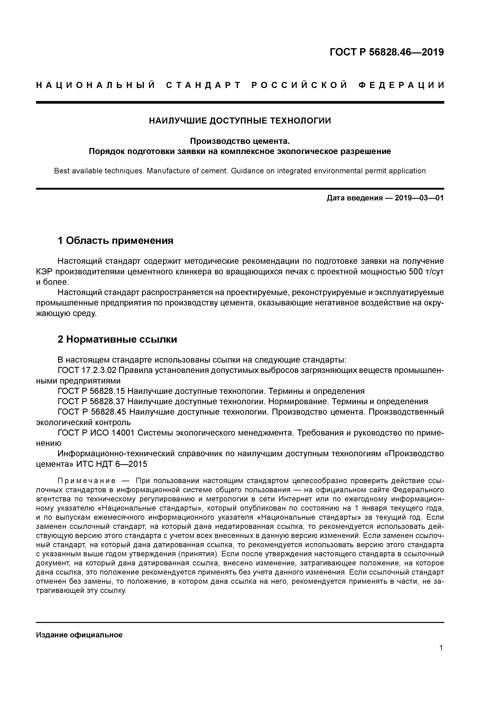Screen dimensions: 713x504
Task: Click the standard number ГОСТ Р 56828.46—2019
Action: pos(386,52)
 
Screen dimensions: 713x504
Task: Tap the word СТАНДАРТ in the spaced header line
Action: pos(203,85)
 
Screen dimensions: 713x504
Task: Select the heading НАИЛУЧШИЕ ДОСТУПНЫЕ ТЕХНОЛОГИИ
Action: pos(240,121)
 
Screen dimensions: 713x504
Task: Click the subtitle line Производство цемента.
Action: pos(240,141)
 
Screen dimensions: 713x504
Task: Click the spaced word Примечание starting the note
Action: pos(87,481)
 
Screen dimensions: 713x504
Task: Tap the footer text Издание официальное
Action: pos(79,635)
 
